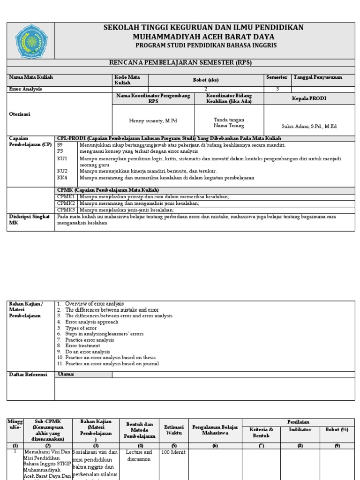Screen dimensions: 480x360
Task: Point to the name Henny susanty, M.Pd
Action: pyautogui.click(x=153, y=121)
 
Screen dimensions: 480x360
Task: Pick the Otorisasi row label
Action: pyautogui.click(x=20, y=114)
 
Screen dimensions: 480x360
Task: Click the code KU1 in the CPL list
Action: pyautogui.click(x=62, y=159)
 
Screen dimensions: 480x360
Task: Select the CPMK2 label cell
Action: pyautogui.click(x=66, y=203)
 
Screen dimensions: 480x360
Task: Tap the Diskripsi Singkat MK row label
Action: pyautogui.click(x=29, y=220)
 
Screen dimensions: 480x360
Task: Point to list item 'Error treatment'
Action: pyautogui.click(x=82, y=346)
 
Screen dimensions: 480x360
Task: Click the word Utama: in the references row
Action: pyautogui.click(x=66, y=374)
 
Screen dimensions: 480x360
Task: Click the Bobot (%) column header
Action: pyautogui.click(x=337, y=429)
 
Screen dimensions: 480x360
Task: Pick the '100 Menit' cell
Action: pyautogui.click(x=174, y=452)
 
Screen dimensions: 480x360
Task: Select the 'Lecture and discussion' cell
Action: pyautogui.click(x=139, y=456)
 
